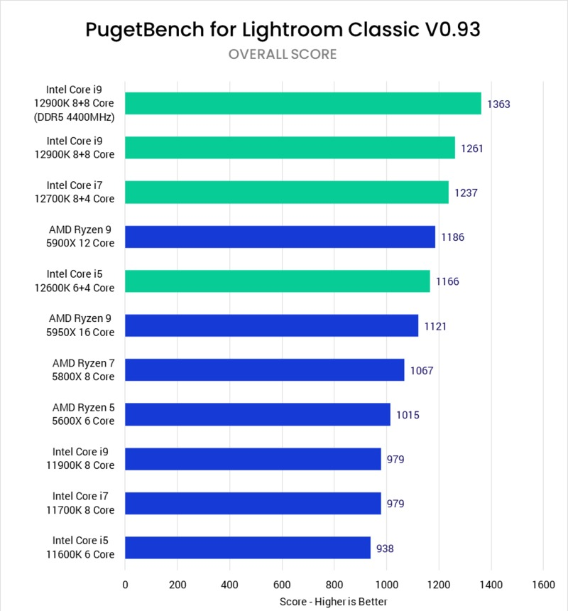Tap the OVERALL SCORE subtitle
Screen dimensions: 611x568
[283, 55]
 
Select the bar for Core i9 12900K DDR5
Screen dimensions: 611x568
[303, 104]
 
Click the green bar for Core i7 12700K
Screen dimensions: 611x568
[287, 192]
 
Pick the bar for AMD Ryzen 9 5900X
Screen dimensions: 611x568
[280, 237]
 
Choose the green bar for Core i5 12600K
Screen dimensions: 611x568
[278, 281]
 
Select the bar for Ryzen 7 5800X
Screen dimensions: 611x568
[265, 370]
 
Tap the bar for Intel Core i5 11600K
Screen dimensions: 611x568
[248, 547]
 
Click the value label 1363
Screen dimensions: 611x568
[498, 104]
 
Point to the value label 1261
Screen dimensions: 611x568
[472, 148]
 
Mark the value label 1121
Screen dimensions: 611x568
[435, 326]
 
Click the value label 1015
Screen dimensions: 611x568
[408, 414]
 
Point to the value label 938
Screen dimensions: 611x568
[385, 548]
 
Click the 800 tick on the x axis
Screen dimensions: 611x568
[334, 585]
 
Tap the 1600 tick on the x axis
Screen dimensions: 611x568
[543, 585]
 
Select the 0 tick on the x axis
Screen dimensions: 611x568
[126, 585]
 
